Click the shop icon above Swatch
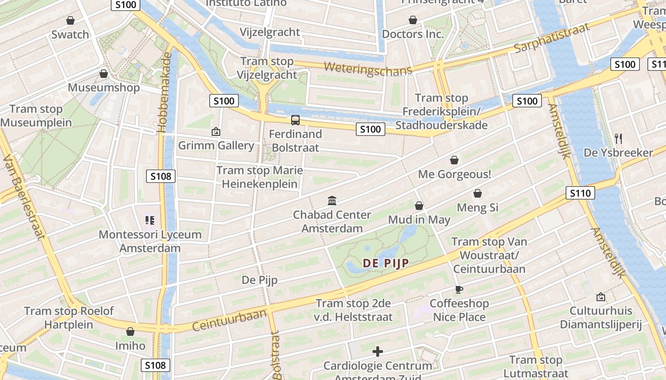click(x=70, y=20)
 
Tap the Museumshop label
click(x=104, y=87)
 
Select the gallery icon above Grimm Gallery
click(x=216, y=132)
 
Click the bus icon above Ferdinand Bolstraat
click(x=295, y=120)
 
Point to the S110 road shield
click(x=580, y=193)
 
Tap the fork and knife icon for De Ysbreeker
click(x=618, y=139)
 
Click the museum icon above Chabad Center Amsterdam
click(x=332, y=201)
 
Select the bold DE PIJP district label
click(x=386, y=263)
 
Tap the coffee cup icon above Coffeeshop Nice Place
click(x=459, y=289)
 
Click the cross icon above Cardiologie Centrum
click(x=378, y=351)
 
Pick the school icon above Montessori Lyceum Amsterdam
click(x=150, y=220)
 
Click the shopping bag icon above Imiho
click(x=130, y=332)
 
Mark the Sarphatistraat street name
click(x=552, y=38)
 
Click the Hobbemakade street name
click(x=164, y=93)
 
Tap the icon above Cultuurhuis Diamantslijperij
click(x=600, y=297)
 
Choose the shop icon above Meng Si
click(x=478, y=193)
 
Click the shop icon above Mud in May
click(x=419, y=206)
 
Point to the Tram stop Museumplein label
click(x=36, y=116)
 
